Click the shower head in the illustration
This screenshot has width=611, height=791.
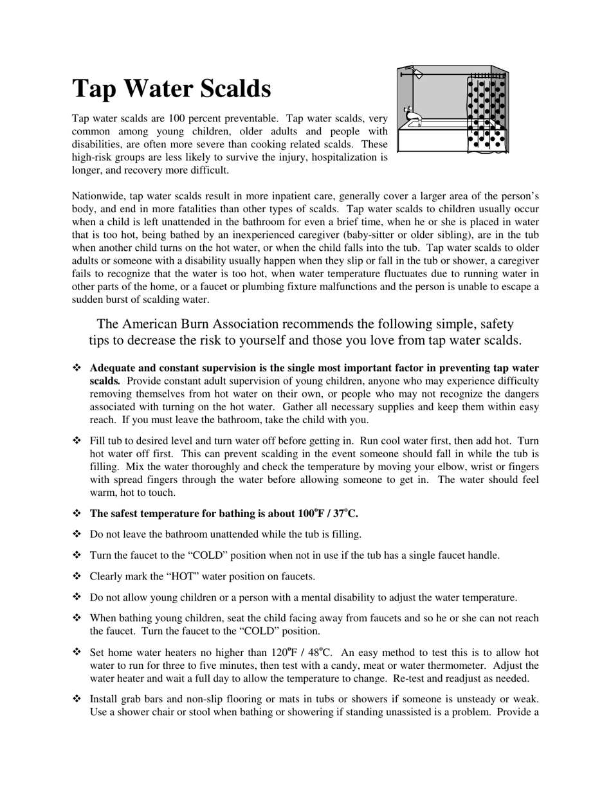pyautogui.click(x=417, y=74)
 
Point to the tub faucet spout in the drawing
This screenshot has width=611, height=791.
pyautogui.click(x=415, y=120)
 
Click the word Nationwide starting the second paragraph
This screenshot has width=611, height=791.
pyautogui.click(x=98, y=196)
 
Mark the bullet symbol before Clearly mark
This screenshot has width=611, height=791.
pyautogui.click(x=77, y=576)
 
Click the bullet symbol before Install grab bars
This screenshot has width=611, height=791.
pyautogui.click(x=77, y=699)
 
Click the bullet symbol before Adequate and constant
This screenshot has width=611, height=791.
pyautogui.click(x=77, y=368)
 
